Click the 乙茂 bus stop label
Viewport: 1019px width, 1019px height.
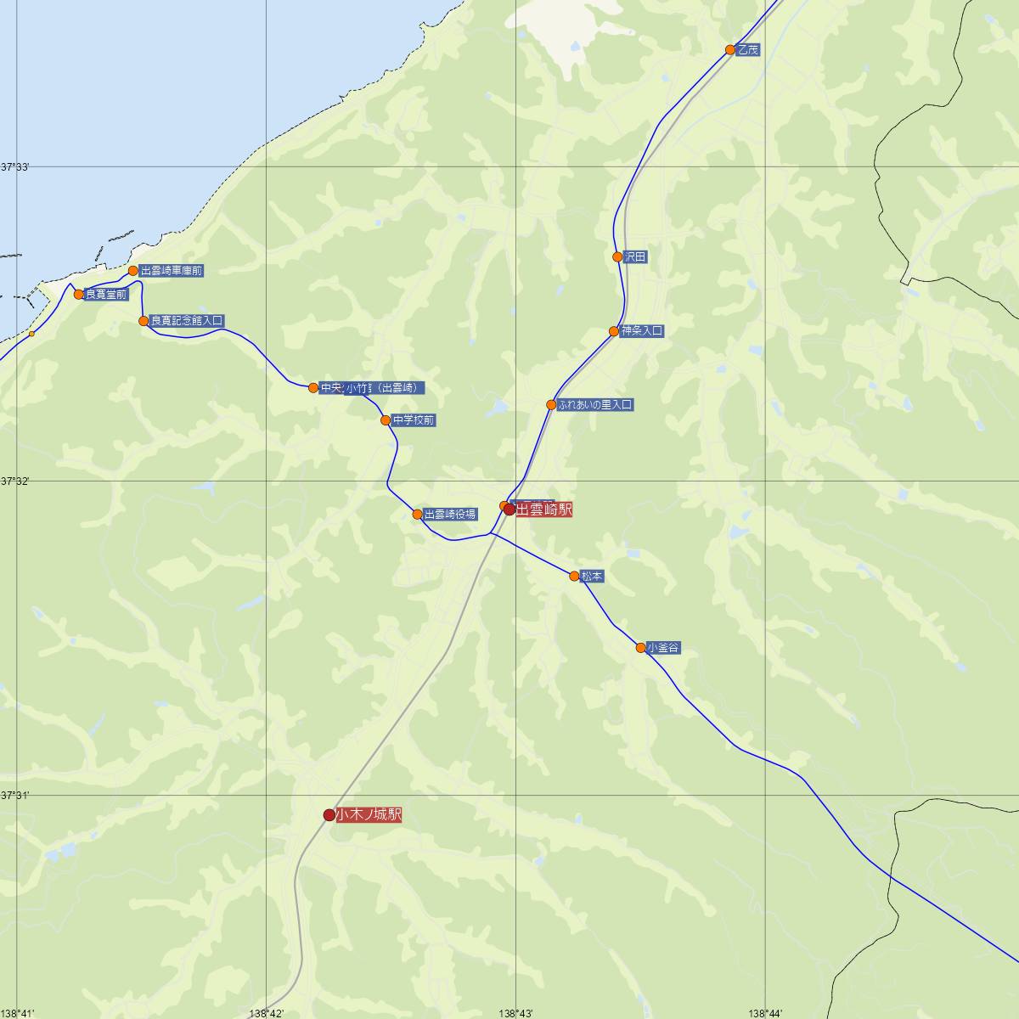pos(748,50)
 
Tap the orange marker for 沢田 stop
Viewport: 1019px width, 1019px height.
pos(618,256)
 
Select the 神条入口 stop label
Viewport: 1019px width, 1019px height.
pos(641,331)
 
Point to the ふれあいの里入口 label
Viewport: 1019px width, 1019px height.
pos(595,405)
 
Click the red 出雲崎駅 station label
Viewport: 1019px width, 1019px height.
pos(544,509)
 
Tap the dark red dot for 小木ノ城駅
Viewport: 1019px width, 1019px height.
pos(329,815)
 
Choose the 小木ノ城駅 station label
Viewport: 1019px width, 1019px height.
pos(369,815)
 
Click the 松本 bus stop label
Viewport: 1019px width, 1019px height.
pos(592,577)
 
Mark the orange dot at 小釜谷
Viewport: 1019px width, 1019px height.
pos(641,648)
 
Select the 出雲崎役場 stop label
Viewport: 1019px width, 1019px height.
pos(450,515)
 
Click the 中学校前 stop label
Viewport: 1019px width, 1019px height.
pos(414,420)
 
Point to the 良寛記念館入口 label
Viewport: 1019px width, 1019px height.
pos(186,321)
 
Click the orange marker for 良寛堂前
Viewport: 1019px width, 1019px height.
pos(79,295)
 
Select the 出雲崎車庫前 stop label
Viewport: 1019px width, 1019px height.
pos(172,271)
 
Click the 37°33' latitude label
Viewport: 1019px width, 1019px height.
pos(15,167)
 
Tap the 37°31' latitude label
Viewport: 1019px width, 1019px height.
pos(15,796)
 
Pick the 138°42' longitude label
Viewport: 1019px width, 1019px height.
pos(267,1013)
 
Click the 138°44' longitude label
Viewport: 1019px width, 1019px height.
pos(766,1013)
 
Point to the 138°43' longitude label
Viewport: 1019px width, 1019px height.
pos(516,1013)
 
